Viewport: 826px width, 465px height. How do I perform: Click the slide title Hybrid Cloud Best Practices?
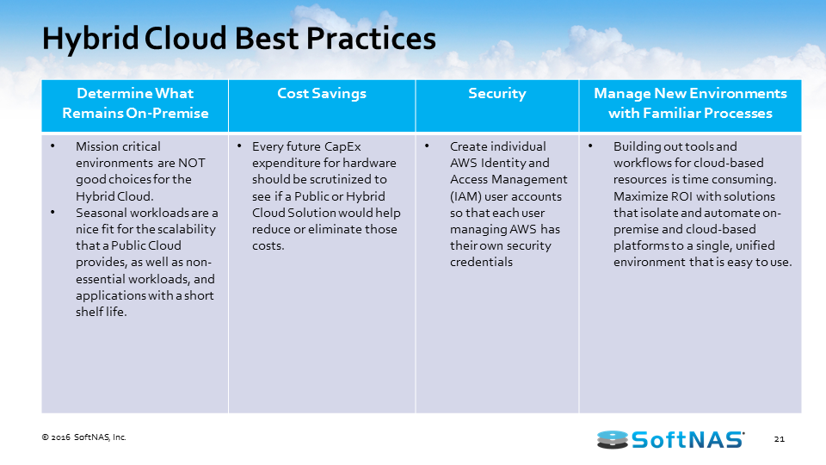[238, 39]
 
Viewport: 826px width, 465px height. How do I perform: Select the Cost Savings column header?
[322, 93]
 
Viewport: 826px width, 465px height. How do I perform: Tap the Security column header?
[496, 94]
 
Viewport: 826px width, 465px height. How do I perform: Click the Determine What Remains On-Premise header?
[135, 102]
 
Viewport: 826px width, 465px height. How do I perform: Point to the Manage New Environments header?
[690, 102]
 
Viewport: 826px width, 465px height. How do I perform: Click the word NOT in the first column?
[191, 163]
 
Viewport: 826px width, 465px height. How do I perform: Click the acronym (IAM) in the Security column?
[465, 196]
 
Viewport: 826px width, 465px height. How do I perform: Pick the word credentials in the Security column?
[481, 262]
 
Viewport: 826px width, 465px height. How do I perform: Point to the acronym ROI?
[681, 196]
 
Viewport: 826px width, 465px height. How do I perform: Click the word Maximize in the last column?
[640, 196]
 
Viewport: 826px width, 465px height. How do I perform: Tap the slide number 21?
[780, 438]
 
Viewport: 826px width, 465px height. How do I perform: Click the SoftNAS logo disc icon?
[612, 440]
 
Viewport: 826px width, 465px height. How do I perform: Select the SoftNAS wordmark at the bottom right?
[687, 439]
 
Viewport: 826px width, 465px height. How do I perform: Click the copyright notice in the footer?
[83, 437]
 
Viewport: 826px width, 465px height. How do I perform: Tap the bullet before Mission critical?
[52, 146]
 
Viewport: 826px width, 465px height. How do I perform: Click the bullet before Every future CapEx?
[239, 146]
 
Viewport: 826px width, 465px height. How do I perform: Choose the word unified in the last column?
[755, 245]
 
